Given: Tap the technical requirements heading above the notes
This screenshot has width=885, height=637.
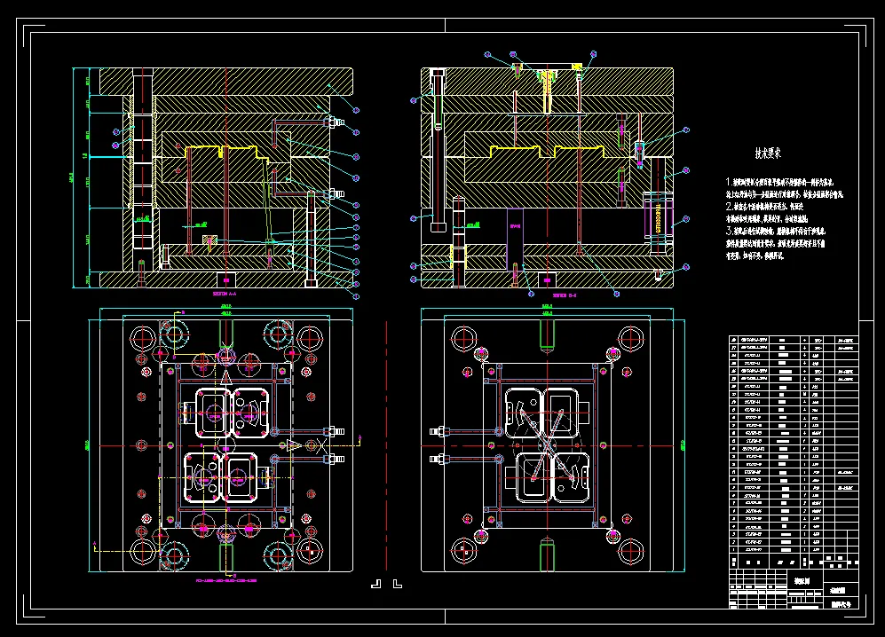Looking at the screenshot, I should coord(767,153).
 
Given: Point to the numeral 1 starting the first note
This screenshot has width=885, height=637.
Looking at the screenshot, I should coord(729,180).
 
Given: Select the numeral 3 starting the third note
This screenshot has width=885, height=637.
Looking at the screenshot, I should coord(729,230).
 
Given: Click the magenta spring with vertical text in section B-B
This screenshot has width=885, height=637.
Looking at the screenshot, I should coord(659,217).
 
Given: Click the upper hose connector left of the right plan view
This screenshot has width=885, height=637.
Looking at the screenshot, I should coord(438,431).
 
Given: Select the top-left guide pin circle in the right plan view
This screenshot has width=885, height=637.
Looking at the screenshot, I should coord(462,336).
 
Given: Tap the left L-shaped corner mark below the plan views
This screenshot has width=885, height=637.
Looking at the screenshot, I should coord(375,584).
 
